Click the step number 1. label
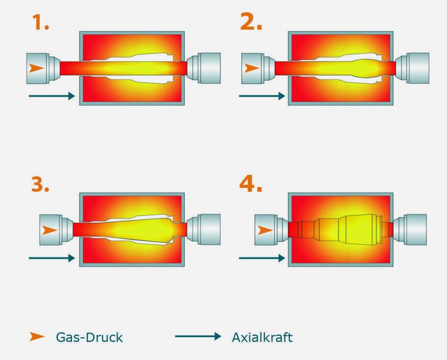[40, 23]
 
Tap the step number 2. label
[251, 23]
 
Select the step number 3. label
[40, 184]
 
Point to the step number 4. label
[251, 184]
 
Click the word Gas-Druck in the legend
[89, 337]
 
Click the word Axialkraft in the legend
[262, 337]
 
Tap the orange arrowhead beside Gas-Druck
[37, 337]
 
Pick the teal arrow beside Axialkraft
[198, 337]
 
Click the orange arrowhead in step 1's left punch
[36, 68]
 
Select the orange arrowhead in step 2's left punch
[252, 68]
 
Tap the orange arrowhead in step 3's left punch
[49, 230]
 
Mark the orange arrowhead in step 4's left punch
[265, 230]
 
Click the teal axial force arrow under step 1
[52, 96]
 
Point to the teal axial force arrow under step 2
[262, 96]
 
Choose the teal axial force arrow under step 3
[52, 258]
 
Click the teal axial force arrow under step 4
[262, 258]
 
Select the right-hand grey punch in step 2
[412, 68]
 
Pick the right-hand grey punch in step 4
[410, 229]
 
